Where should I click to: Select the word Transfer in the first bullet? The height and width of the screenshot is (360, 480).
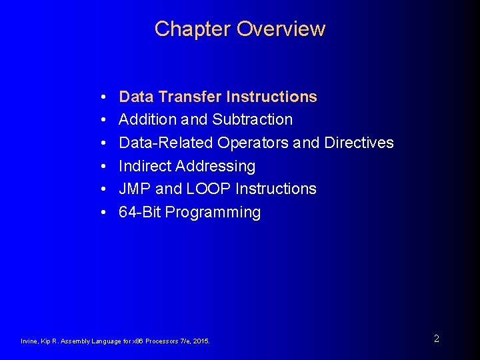[189, 97]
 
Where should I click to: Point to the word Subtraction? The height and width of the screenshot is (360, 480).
[252, 120]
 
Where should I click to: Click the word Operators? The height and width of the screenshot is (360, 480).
[253, 143]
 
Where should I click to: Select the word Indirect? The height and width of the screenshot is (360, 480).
[143, 166]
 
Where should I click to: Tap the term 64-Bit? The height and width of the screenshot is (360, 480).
[139, 213]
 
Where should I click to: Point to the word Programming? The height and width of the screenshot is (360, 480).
[213, 213]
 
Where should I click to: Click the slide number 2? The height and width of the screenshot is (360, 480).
[436, 339]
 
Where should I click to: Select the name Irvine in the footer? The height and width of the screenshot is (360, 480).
[30, 341]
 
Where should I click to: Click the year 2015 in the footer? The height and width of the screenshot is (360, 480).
[200, 341]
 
